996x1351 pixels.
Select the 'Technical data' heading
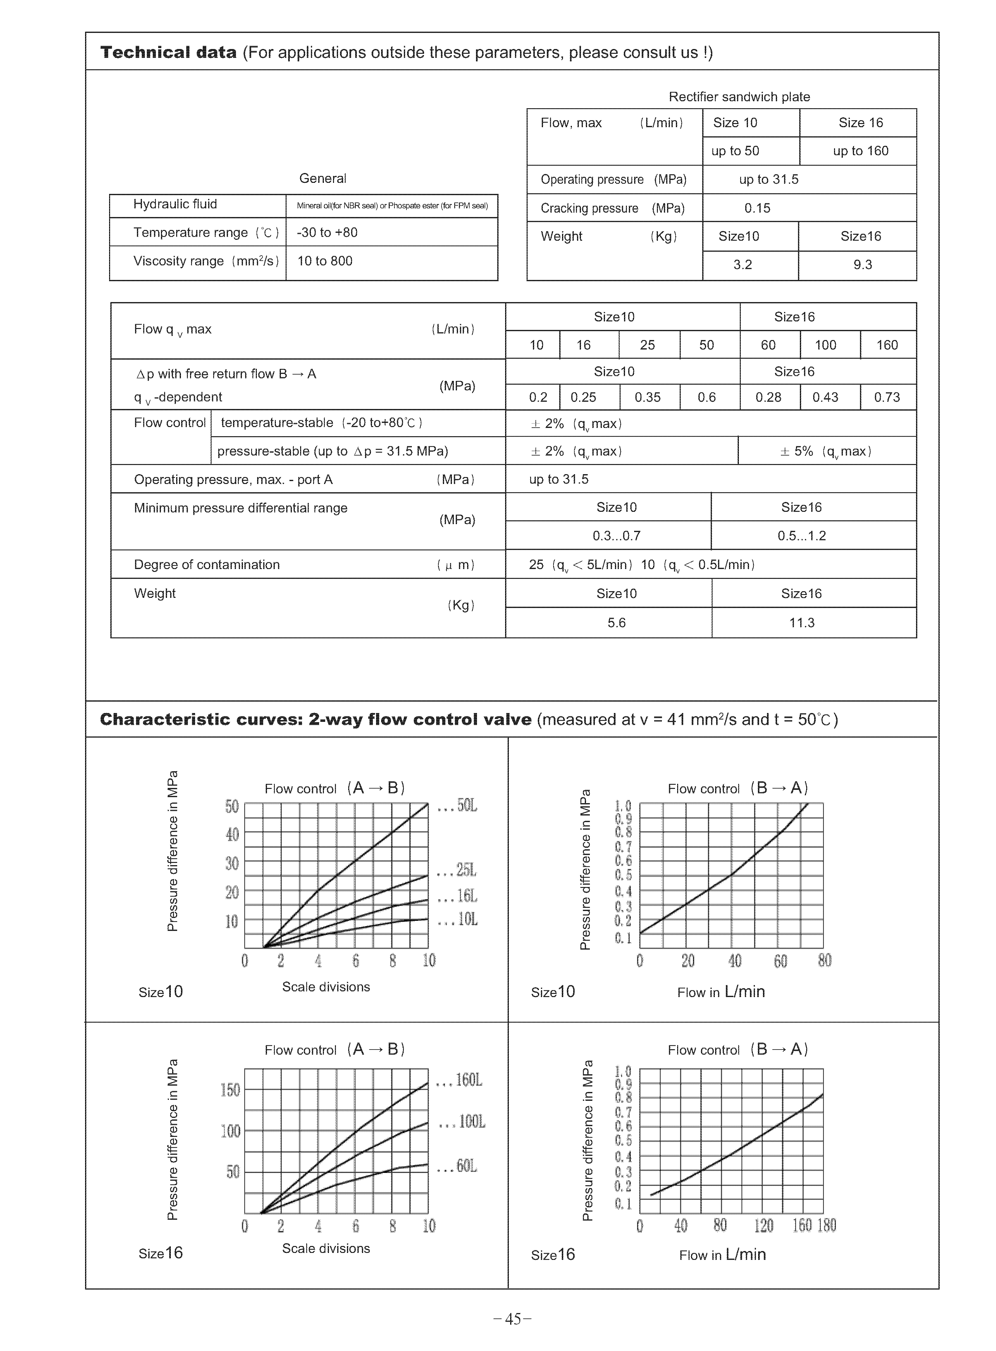pyautogui.click(x=168, y=53)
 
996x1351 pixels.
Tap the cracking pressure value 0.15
pyautogui.click(x=757, y=208)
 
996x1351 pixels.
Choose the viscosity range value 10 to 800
pyautogui.click(x=325, y=261)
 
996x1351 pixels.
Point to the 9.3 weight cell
pyautogui.click(x=862, y=265)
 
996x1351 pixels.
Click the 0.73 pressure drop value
pyautogui.click(x=887, y=397)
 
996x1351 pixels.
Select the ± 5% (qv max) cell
pyautogui.click(x=826, y=451)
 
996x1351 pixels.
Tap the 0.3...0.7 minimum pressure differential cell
pyautogui.click(x=616, y=535)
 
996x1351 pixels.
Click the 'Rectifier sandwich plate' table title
pyautogui.click(x=739, y=96)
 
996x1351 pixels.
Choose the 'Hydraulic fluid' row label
pyautogui.click(x=175, y=204)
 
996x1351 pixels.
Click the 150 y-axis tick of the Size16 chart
pyautogui.click(x=230, y=1090)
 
